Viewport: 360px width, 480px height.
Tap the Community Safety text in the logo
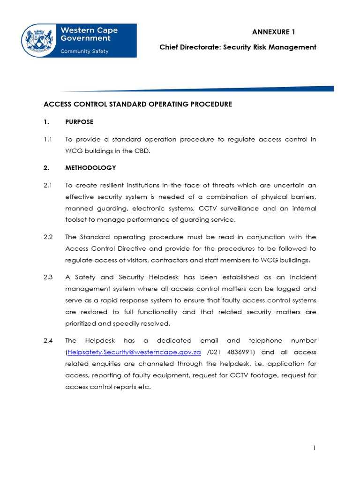pos(84,52)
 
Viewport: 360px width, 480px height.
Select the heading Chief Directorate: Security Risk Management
pos(238,47)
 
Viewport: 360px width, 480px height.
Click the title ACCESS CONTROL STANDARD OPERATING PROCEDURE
pos(138,104)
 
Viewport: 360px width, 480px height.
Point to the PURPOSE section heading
pos(79,122)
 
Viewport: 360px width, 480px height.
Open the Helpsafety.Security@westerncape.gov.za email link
pos(134,352)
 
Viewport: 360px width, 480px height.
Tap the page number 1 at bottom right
pos(315,449)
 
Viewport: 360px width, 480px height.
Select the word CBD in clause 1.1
pos(144,150)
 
